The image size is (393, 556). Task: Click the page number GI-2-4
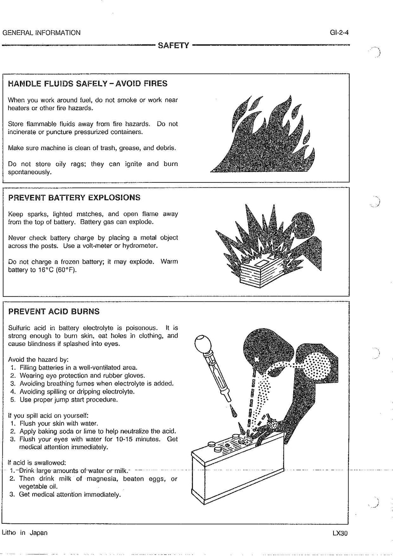pyautogui.click(x=339, y=33)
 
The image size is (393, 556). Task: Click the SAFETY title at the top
pyautogui.click(x=173, y=45)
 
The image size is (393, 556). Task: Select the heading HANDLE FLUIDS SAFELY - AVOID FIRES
pyautogui.click(x=88, y=83)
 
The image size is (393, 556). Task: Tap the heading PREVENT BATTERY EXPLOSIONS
pyautogui.click(x=74, y=198)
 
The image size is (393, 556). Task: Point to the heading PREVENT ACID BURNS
pyautogui.click(x=54, y=311)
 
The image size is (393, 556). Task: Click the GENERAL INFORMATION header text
pyautogui.click(x=41, y=33)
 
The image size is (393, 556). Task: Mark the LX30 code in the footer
pyautogui.click(x=340, y=533)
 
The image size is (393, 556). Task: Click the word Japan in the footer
pyautogui.click(x=38, y=533)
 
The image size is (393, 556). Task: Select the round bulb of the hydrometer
pyautogui.click(x=202, y=343)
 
